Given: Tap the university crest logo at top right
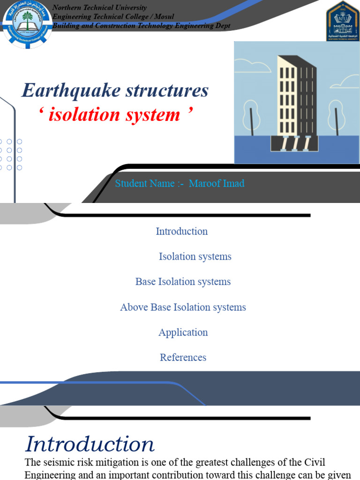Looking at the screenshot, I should pos(342,21).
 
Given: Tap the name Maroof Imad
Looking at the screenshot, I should pos(217,183).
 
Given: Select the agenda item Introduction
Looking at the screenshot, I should pos(181,231).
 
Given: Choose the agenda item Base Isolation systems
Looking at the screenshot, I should pos(183,282).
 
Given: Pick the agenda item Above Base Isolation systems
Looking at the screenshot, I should pos(183,307).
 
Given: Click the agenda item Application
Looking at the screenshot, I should pos(183,332).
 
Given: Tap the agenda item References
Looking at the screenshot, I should pos(183,357).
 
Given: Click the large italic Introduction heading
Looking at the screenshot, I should pos(90,444).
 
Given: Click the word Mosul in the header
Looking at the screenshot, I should pos(165,17).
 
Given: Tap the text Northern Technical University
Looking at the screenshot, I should pos(99,7).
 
